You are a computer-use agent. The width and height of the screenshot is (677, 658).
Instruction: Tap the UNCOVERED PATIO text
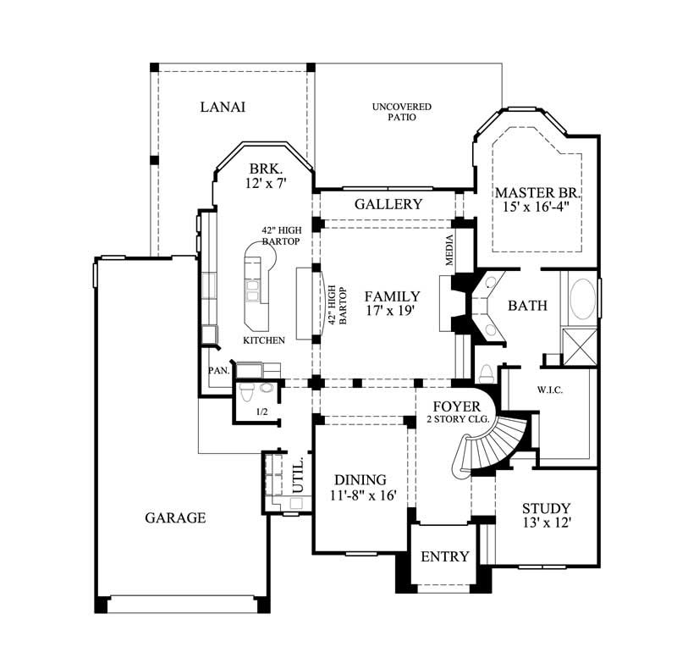401,112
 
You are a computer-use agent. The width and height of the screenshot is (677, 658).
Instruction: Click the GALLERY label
388,204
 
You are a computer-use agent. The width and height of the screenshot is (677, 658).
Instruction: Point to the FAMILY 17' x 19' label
392,304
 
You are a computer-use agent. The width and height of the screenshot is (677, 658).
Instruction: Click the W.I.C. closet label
550,390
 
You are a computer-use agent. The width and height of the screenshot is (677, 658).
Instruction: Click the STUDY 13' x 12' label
546,516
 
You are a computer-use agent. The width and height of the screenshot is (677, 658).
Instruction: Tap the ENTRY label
444,556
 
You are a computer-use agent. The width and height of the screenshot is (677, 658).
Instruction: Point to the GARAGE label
175,517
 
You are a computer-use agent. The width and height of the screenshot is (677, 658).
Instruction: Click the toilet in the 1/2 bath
246,392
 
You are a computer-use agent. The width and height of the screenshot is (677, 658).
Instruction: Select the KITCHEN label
263,340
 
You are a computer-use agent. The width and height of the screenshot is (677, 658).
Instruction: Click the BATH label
527,306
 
